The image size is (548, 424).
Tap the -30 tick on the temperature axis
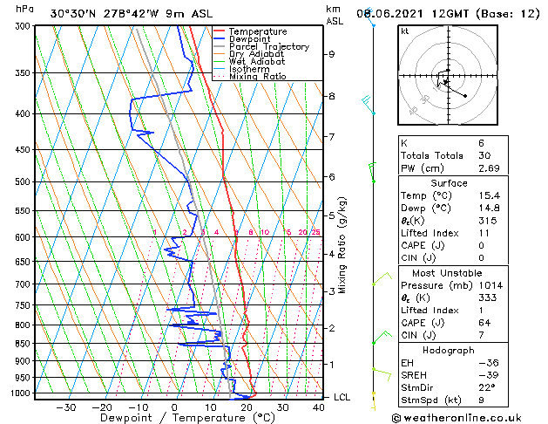(x=65, y=407)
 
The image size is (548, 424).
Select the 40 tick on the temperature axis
(x=319, y=407)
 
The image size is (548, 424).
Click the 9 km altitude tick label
(x=331, y=54)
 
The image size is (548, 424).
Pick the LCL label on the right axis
(x=342, y=397)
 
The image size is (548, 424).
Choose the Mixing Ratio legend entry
(x=258, y=77)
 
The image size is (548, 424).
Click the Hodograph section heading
(x=449, y=350)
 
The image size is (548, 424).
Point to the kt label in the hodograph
(x=404, y=31)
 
